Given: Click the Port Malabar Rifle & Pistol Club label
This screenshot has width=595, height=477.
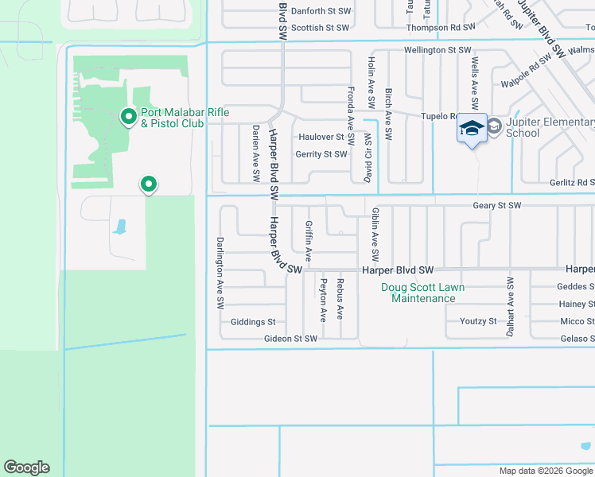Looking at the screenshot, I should [185, 118].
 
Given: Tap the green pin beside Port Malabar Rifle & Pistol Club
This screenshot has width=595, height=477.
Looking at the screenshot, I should [128, 117].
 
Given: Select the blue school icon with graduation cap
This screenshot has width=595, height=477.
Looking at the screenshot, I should [472, 128].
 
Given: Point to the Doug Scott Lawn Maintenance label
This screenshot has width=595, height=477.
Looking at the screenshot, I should [423, 293].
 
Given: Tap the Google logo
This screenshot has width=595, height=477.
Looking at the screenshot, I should [26, 467].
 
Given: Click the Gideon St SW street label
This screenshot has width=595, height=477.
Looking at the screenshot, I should [290, 339].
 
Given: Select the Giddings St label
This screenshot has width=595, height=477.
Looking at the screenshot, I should [253, 322].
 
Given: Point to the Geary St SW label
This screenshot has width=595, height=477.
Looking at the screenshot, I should [496, 205].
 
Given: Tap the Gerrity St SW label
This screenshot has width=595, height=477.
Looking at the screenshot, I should [321, 154].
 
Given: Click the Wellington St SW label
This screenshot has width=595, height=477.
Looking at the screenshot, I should [438, 50].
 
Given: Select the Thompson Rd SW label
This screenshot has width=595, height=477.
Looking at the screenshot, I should [441, 28].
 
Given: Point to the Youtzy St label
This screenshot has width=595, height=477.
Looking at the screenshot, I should [478, 321].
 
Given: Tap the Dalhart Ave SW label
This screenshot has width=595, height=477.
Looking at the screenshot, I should [510, 305].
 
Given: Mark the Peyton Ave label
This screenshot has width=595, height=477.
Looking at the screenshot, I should [323, 299].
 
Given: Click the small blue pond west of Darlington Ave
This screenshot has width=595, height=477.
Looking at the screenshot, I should [120, 227].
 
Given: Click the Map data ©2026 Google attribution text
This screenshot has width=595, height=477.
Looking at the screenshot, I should [546, 471].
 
